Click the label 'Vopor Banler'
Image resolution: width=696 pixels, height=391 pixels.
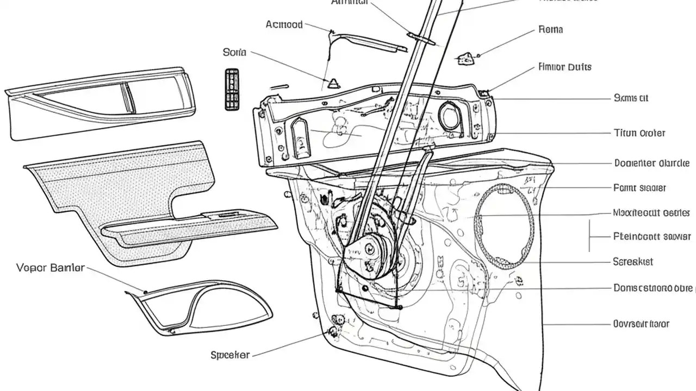tap(50, 268)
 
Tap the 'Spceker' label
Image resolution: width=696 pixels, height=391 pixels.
tap(230, 355)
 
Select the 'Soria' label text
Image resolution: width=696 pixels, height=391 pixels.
tap(234, 53)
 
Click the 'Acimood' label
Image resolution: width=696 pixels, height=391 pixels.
tap(284, 24)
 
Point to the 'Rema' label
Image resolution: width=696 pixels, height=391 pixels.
tap(550, 29)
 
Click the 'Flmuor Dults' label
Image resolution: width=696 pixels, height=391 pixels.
tap(564, 67)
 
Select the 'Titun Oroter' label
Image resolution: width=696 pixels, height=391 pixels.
tap(639, 133)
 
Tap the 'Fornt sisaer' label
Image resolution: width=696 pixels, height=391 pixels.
tap(639, 188)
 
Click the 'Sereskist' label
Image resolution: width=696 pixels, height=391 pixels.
tap(633, 261)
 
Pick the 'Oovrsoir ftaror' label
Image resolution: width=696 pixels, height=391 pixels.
tap(641, 324)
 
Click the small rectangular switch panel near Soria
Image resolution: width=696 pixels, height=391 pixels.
tap(232, 89)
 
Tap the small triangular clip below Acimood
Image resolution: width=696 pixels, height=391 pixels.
tap(332, 83)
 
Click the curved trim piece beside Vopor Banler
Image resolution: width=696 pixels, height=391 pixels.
tap(201, 307)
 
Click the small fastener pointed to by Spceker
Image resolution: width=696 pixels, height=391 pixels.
tap(332, 331)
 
